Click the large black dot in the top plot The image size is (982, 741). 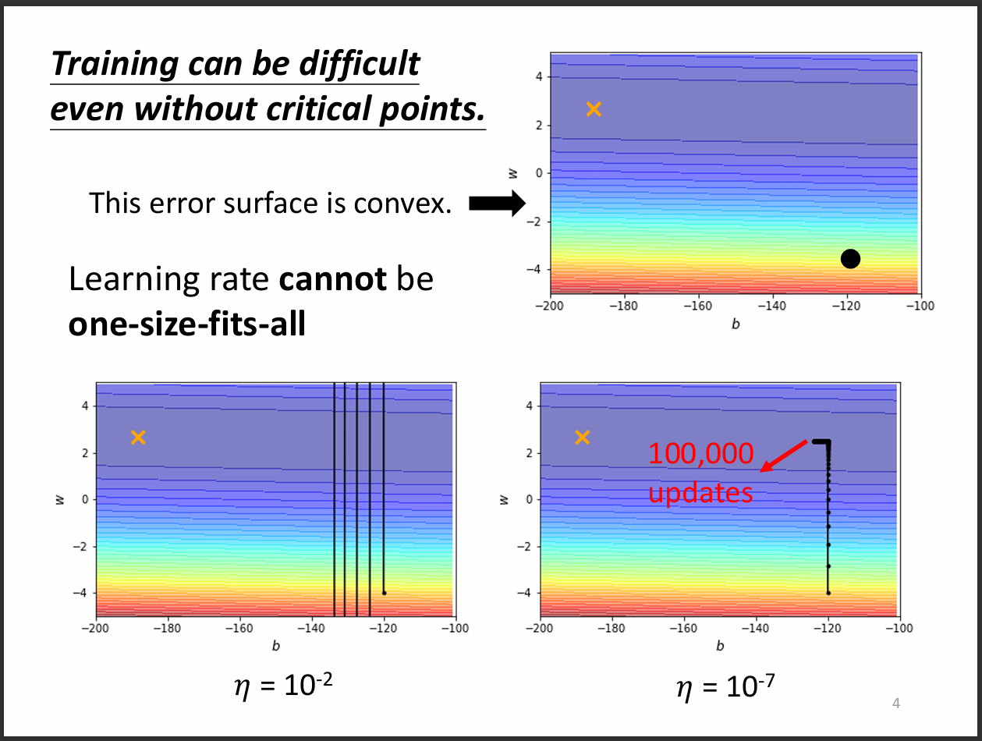pos(850,259)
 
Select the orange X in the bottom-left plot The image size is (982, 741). pos(138,437)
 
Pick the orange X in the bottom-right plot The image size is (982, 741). pos(582,437)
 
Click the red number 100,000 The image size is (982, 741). pos(701,455)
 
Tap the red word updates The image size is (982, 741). pos(700,493)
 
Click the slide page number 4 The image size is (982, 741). pos(896,704)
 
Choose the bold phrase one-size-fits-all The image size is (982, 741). pos(187,324)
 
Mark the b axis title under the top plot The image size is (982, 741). pos(735,324)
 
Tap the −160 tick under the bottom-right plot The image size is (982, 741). pos(682,628)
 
